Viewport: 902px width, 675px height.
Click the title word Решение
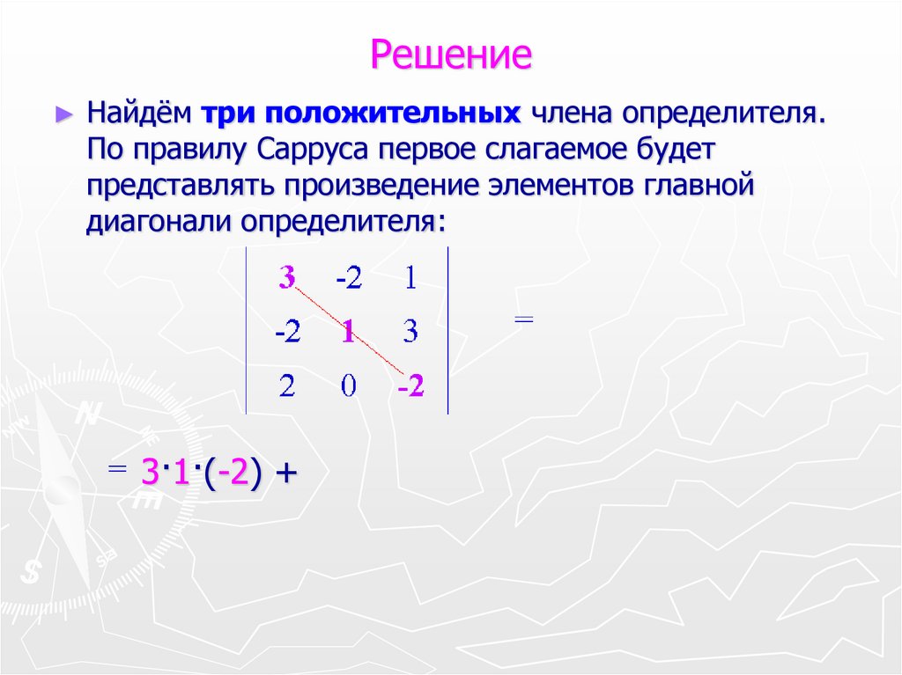451,55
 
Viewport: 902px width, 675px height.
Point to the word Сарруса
314,150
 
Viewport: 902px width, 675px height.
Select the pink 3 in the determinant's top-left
286,278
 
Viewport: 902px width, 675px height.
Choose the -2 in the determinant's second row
287,333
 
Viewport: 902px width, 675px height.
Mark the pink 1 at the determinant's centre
347,333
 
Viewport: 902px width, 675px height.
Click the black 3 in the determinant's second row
410,333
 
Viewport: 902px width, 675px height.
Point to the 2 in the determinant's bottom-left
287,387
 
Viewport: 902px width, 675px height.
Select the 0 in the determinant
348,387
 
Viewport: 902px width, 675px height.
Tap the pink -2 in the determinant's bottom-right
410,387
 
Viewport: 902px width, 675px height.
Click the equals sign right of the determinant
523,321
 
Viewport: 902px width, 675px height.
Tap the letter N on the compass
87,414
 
